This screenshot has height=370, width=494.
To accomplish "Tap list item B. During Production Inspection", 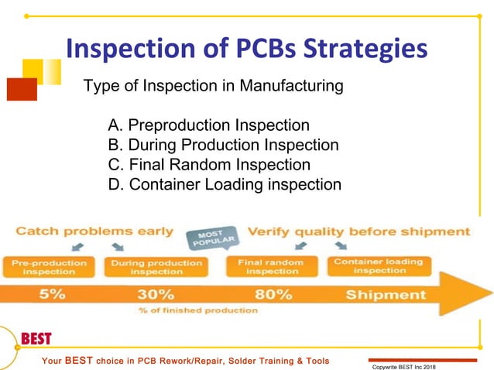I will pos(224,145).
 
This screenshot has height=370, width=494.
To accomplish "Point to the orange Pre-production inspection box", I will pos(49,267).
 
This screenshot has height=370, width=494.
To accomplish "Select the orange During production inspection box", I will pos(156,267).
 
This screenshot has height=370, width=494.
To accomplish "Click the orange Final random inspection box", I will pos(272,267).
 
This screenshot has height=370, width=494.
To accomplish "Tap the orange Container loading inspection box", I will pos(379,266).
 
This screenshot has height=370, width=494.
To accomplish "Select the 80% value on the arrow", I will pos(272,294).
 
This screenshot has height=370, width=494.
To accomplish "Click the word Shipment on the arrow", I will pos(386,294).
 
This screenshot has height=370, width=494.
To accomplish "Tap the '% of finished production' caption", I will pos(197,310).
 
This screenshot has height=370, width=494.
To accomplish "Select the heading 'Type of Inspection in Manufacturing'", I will pos(213,86).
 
